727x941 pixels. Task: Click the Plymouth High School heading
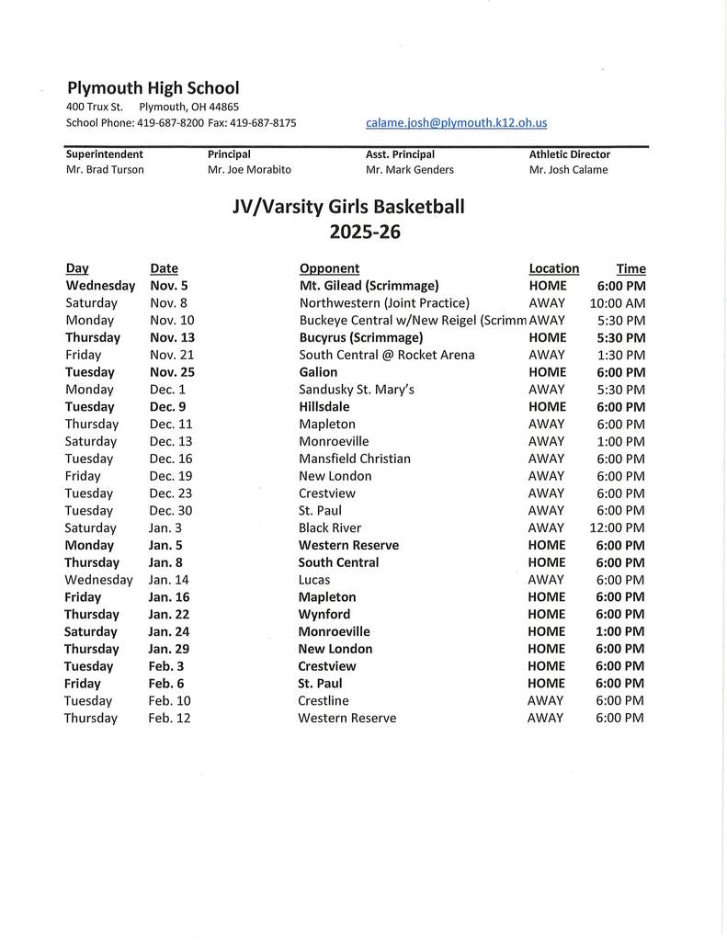click(x=153, y=88)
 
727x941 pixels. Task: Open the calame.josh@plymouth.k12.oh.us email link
click(x=456, y=122)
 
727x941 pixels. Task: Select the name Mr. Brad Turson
click(x=105, y=169)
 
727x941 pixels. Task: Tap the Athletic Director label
click(x=569, y=154)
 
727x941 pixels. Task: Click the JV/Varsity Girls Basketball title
click(x=348, y=207)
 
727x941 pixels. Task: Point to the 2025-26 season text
click(x=365, y=232)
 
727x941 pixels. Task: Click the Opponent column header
click(x=329, y=268)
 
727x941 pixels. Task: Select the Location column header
click(x=553, y=268)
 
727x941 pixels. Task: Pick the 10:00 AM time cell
click(x=617, y=303)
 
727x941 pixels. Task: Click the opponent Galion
click(x=318, y=372)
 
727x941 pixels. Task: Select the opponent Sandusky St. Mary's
click(x=356, y=390)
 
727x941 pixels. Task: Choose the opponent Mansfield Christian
click(x=354, y=459)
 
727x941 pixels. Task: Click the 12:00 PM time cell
click(x=617, y=527)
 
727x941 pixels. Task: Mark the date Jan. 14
click(x=169, y=580)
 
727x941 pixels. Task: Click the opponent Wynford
click(x=324, y=614)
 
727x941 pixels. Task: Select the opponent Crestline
click(x=323, y=700)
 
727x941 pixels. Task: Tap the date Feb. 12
click(x=169, y=718)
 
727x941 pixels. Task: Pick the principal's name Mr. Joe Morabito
click(x=249, y=169)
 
